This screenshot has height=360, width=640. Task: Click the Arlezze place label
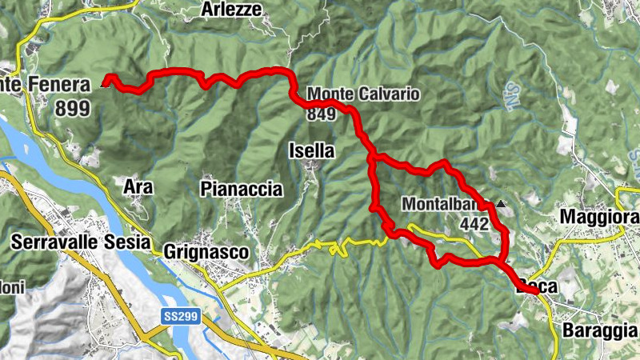click(x=231, y=9)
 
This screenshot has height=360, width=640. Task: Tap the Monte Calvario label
click(x=363, y=94)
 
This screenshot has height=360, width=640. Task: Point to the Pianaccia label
click(x=242, y=189)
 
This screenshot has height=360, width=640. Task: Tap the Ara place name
click(x=138, y=186)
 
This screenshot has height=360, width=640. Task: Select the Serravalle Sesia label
click(x=82, y=219)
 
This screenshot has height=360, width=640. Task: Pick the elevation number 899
click(x=73, y=109)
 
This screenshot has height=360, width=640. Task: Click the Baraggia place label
click(x=601, y=330)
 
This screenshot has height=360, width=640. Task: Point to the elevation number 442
click(x=474, y=225)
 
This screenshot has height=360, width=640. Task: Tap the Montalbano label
click(x=445, y=204)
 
